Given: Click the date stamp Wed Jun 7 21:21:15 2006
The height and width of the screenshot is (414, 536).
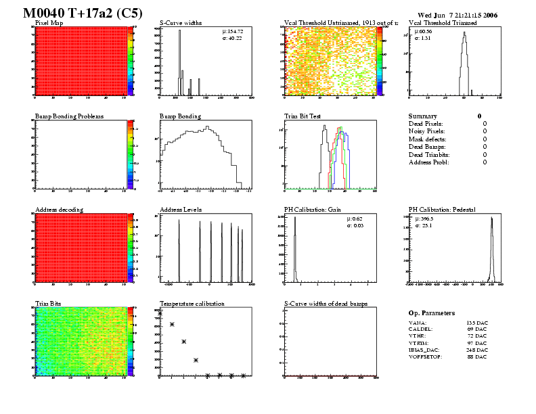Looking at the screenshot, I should point(457,14).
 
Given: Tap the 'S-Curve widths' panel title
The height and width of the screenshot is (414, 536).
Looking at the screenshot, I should point(181,22).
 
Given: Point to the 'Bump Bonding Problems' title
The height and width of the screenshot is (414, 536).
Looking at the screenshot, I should point(69,116).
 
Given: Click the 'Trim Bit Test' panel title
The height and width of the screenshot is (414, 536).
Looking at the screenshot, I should point(303,116).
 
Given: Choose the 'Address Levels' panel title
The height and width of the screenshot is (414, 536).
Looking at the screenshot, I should point(181,210).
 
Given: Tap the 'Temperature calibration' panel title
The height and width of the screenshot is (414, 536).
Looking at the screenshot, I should point(192,304).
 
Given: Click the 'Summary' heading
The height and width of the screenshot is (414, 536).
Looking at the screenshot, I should point(423,116).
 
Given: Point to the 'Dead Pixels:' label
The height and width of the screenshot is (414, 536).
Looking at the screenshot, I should point(426,124).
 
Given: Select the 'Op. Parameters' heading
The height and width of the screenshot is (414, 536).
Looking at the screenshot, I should point(432,313).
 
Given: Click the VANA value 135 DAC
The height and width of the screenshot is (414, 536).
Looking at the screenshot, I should point(476,324).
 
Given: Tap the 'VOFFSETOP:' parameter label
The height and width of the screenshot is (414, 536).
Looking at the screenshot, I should point(429,356).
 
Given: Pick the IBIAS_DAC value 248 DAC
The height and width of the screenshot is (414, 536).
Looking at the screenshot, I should point(476,349).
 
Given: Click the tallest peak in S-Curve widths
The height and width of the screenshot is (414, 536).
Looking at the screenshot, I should point(179,32).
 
